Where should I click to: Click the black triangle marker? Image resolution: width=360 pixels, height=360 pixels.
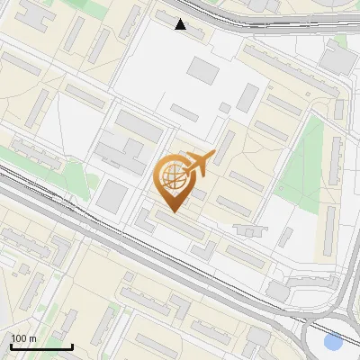[x=181, y=24]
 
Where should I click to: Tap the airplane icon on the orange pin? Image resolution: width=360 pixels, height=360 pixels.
[x=200, y=163]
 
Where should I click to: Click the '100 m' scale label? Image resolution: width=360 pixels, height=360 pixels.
[x=23, y=338]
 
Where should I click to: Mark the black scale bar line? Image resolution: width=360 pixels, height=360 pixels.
[x=41, y=346]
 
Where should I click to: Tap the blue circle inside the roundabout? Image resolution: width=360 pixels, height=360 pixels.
[x=333, y=342]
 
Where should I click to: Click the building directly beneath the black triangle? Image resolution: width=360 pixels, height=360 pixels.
[x=181, y=34]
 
